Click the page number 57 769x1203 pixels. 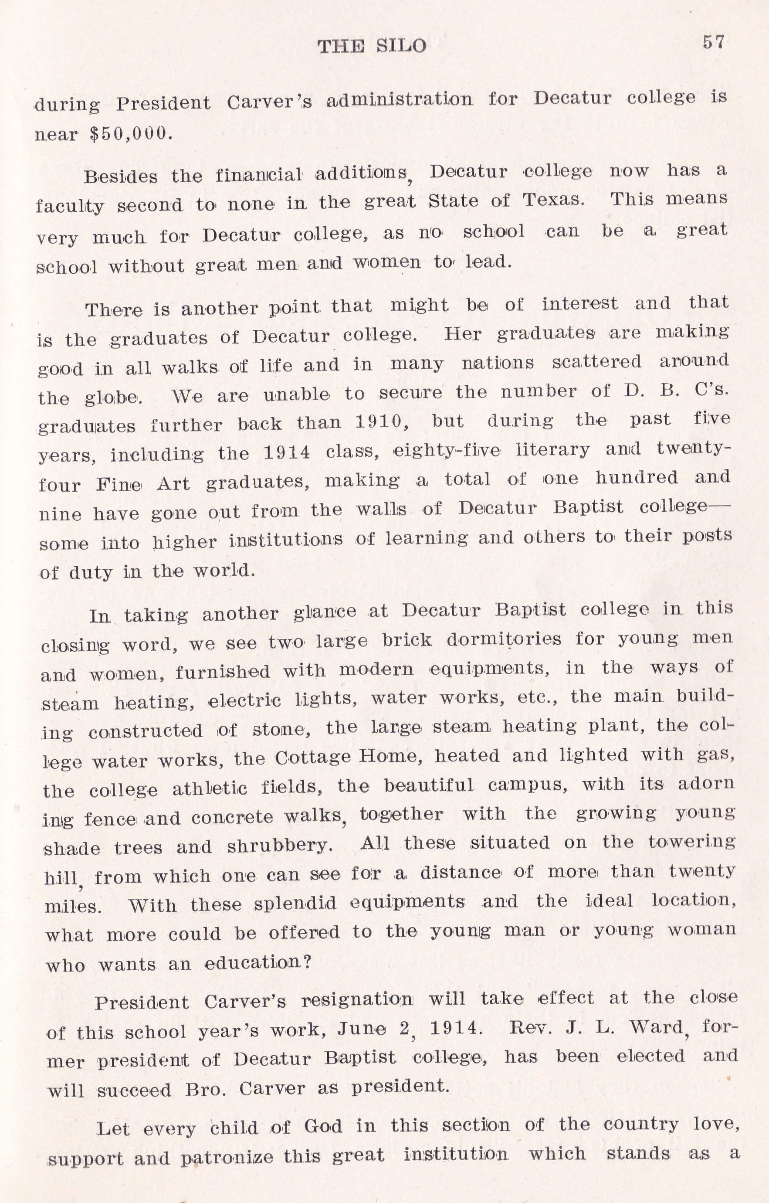coord(713,42)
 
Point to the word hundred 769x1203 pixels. coord(637,478)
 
